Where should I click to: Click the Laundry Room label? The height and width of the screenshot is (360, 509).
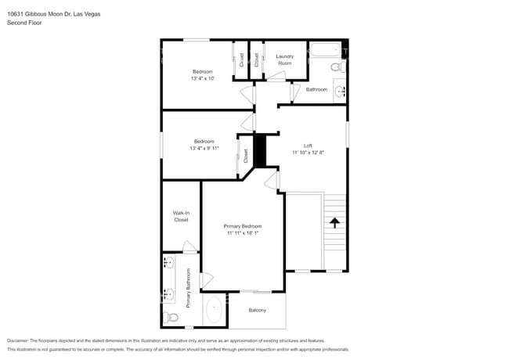pos(284,59)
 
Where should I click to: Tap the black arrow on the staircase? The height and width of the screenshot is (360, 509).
pos(335,222)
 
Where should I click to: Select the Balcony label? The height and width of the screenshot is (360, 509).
pos(258,311)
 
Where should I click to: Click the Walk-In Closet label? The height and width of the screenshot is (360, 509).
pos(181,216)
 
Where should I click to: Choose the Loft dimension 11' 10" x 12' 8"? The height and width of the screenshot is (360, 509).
pos(313,152)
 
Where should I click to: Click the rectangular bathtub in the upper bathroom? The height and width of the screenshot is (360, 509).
pos(323,52)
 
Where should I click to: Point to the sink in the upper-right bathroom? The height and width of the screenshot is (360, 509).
pos(340,92)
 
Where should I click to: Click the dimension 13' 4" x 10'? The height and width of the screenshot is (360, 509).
pos(202,78)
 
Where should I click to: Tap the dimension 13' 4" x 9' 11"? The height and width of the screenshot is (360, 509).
pos(204,148)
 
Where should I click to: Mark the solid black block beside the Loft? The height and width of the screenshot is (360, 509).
pos(260,149)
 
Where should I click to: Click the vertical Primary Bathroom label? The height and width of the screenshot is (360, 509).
pos(189,288)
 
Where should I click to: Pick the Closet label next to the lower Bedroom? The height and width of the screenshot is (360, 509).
pos(246,156)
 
